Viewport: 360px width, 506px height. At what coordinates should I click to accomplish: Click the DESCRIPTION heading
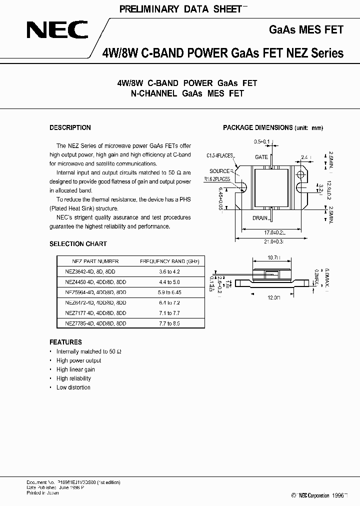click(70, 128)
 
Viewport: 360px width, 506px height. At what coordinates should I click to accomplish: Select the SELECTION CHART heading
click(78, 244)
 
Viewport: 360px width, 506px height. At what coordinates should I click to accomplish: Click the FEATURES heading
click(65, 342)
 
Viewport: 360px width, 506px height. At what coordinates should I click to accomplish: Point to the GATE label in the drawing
click(261, 157)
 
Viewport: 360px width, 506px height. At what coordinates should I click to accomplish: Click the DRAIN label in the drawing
click(260, 218)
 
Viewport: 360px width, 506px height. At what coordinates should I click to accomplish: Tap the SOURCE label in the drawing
click(219, 171)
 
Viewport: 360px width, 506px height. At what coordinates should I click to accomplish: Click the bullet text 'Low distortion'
click(73, 387)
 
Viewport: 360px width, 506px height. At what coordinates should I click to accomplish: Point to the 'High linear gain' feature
click(75, 369)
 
